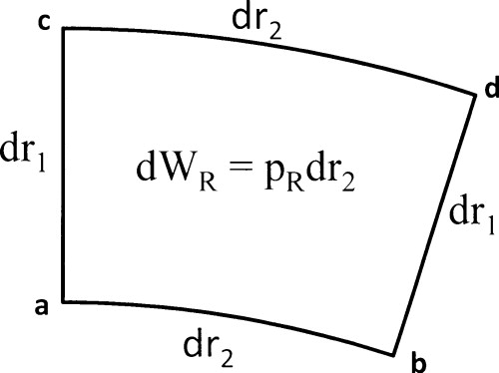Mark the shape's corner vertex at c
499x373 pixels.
click(x=65, y=29)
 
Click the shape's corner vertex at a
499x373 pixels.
click(x=65, y=301)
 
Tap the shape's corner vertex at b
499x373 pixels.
click(x=397, y=353)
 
